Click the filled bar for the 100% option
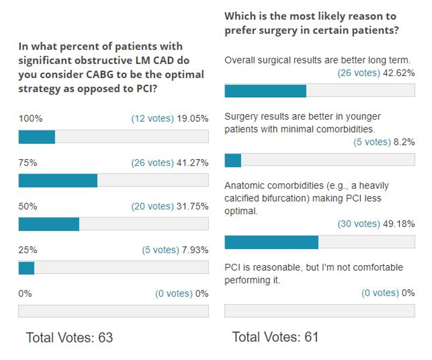pos(37,137)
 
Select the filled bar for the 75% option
pos(58,180)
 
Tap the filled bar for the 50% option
pos(49,224)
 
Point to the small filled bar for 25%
pos(26,267)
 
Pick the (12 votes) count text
pos(152,119)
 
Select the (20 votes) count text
pos(152,207)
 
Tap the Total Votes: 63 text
pos(69,338)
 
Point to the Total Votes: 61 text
pos(275,337)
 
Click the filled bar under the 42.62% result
pos(265,91)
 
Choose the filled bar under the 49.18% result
pos(271,242)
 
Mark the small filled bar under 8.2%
pos(233,160)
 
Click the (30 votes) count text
pos(359,224)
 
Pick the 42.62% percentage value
pos(399,73)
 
